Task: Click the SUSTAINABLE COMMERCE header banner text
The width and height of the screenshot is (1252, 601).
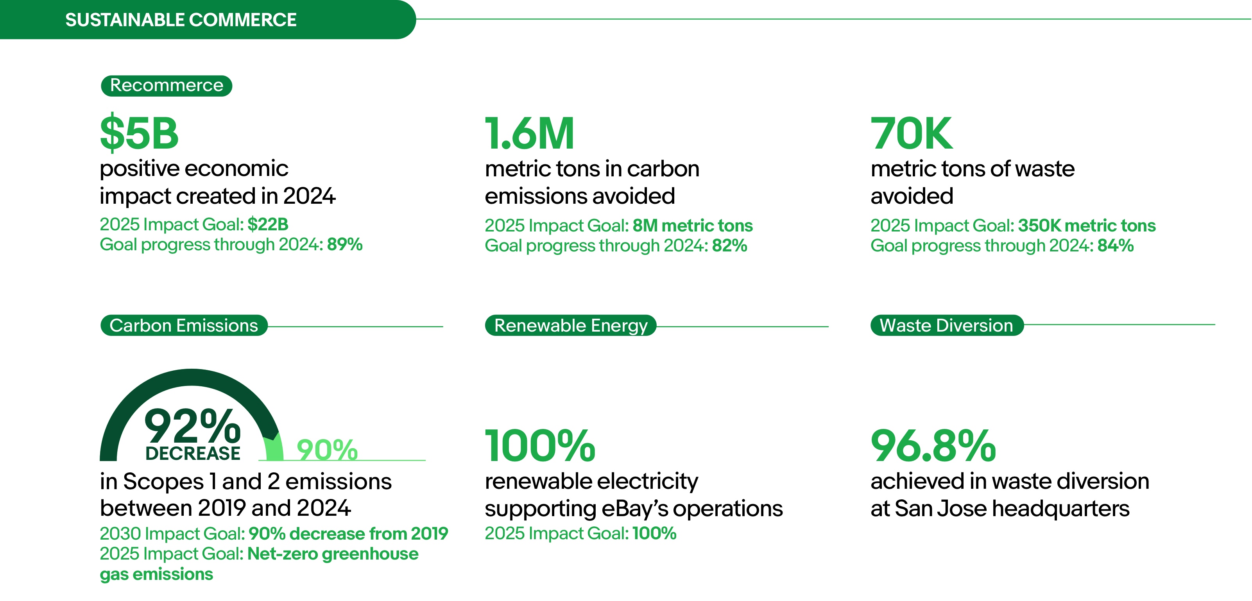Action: [x=181, y=20]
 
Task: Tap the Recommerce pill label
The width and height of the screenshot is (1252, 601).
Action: [x=167, y=86]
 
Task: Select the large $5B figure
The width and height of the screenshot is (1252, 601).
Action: [x=140, y=133]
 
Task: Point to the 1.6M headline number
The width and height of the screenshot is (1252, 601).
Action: [x=530, y=133]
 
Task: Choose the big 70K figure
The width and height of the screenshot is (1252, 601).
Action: [x=912, y=133]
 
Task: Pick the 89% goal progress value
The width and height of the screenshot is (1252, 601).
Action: [x=345, y=244]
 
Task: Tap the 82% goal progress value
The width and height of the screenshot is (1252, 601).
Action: [x=729, y=246]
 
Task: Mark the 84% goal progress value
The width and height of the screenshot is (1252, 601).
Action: [x=1116, y=246]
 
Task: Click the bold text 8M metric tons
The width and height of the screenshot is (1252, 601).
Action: [x=693, y=226]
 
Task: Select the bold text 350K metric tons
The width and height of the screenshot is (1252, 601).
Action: [x=1087, y=226]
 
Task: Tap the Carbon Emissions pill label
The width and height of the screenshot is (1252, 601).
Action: [x=184, y=325]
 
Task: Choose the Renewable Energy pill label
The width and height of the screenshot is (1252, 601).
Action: [x=571, y=325]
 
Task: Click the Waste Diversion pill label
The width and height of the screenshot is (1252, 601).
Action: [x=947, y=325]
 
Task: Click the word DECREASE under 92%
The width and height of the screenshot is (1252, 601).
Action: [x=192, y=453]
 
